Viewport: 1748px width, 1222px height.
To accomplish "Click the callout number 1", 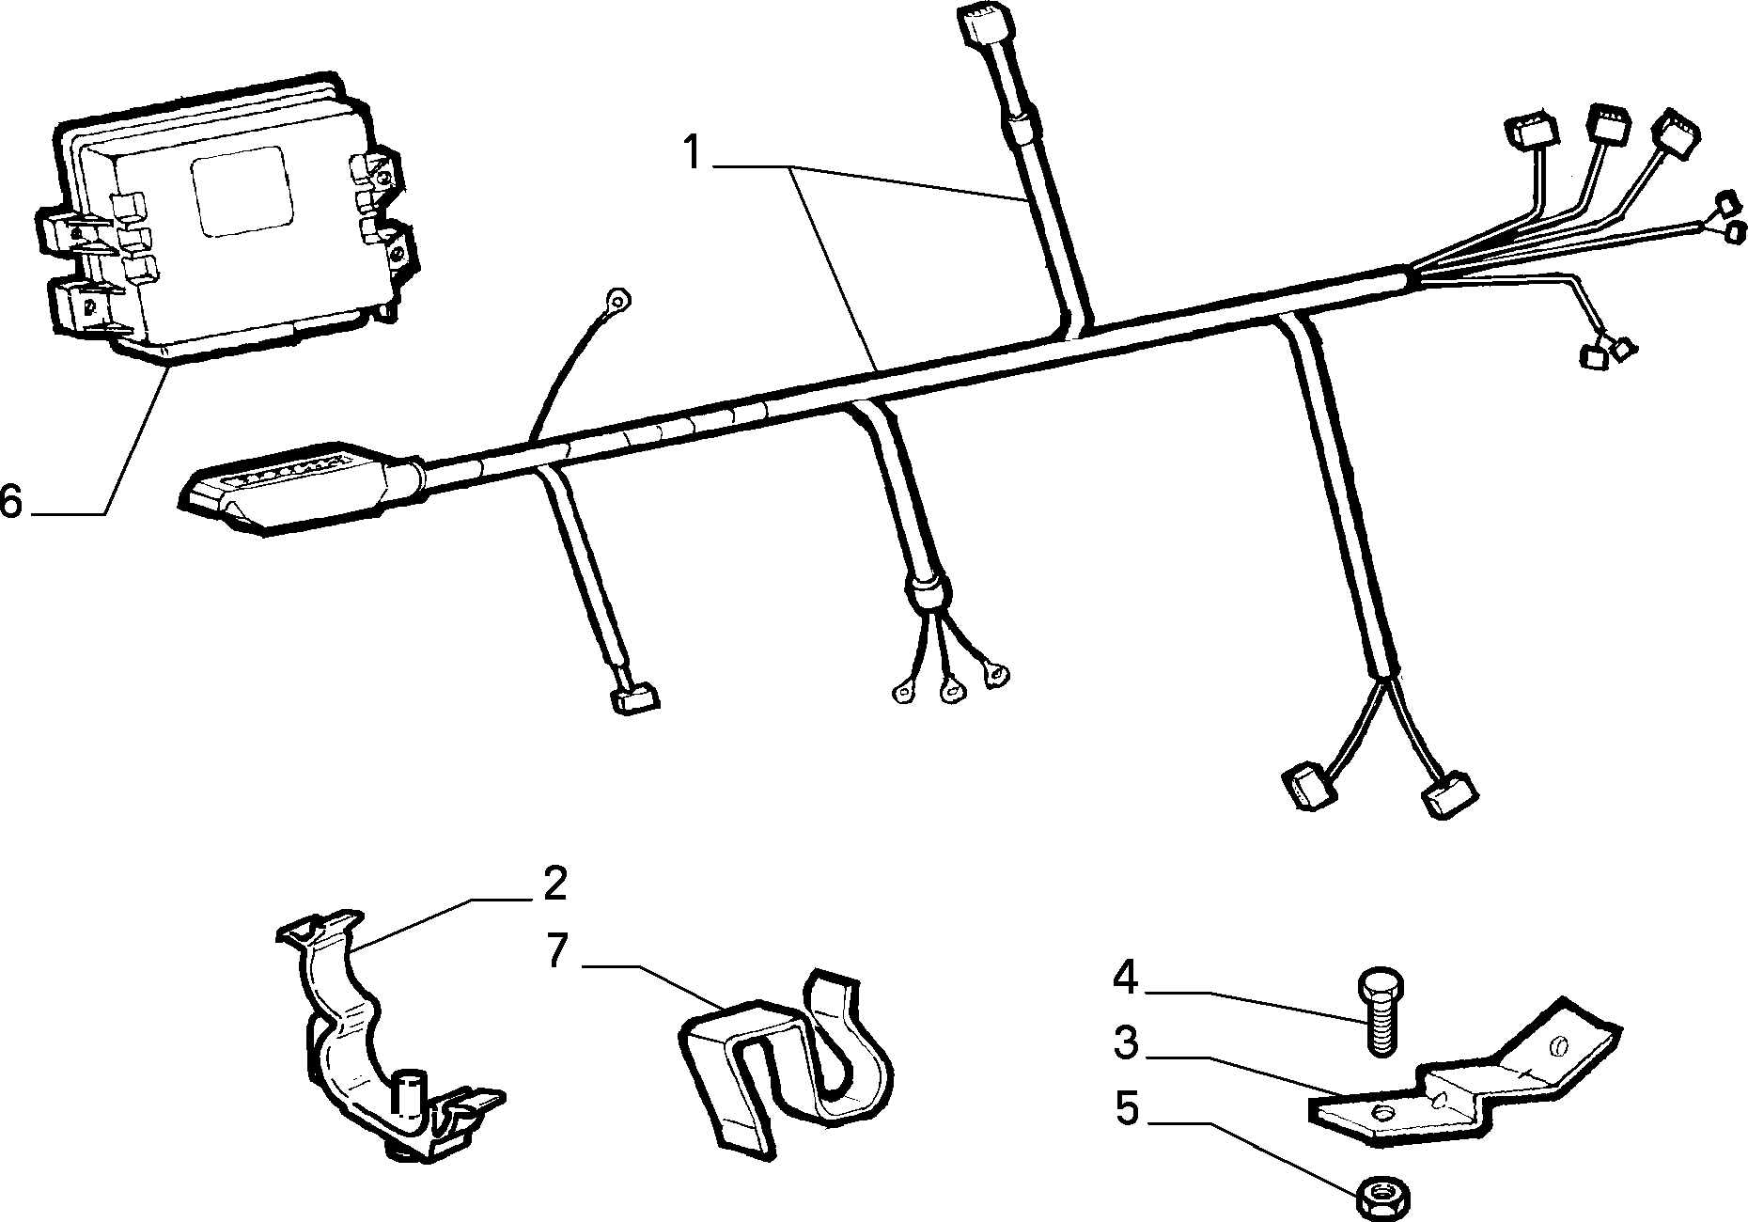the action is coord(693,152).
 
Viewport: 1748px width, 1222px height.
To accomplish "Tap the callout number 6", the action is coord(11,500).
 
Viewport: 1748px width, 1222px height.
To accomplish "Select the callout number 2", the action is coord(554,885).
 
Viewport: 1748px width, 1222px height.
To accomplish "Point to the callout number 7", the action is coord(557,951).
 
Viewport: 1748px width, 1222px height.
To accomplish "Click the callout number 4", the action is coord(1125,979).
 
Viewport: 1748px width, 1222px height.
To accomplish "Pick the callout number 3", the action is coord(1125,1043).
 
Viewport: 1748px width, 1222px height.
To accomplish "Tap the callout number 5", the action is coord(1126,1109).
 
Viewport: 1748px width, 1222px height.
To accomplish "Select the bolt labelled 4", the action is coord(1380,1016).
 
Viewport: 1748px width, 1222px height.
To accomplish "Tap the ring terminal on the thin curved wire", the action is coord(616,301).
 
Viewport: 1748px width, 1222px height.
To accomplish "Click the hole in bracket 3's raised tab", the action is coord(1559,1045).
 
